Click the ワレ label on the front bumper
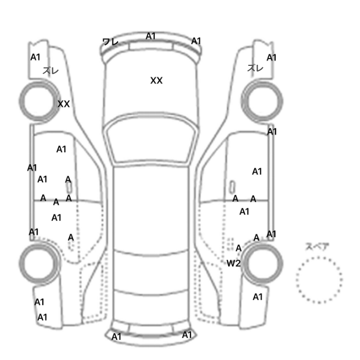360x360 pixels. tap(111, 42)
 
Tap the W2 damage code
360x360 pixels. tap(233, 263)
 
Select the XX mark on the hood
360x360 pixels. tap(156, 81)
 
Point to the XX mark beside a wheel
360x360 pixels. tap(64, 104)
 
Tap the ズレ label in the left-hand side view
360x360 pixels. tap(50, 71)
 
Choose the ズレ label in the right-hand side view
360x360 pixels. tap(255, 68)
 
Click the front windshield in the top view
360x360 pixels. tap(151, 139)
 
